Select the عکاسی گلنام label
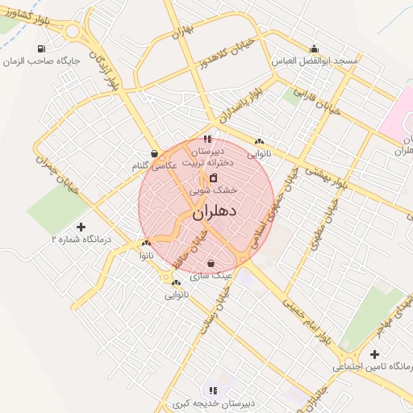point(153,165)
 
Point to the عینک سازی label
point(211,275)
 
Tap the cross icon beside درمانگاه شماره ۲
point(80,227)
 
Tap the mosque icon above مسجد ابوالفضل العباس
point(313,48)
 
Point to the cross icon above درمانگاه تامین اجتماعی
point(373,354)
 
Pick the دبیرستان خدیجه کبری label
point(213,403)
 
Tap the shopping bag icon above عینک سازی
point(211,263)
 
